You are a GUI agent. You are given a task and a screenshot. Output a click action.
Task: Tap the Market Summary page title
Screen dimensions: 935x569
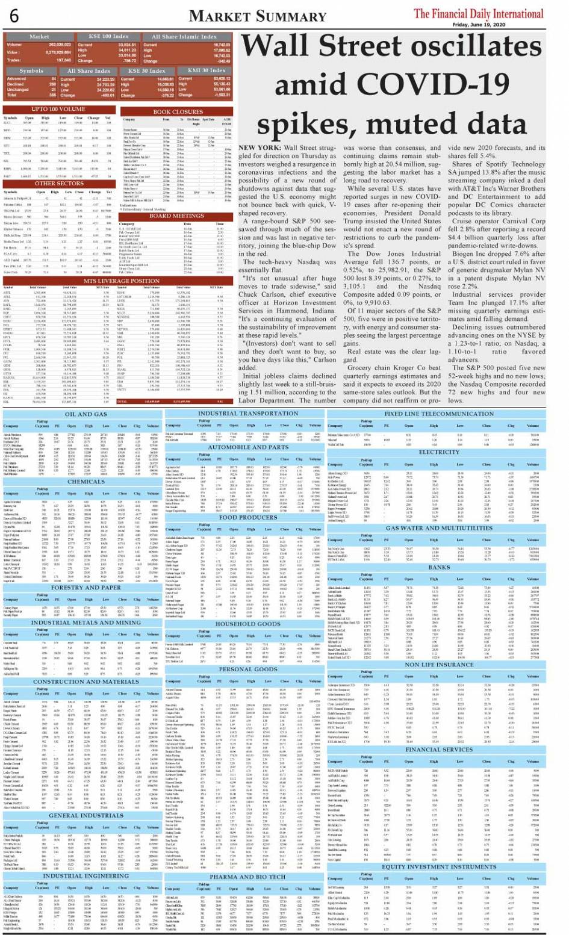click(257, 16)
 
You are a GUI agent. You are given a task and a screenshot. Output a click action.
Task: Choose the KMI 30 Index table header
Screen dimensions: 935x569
click(207, 70)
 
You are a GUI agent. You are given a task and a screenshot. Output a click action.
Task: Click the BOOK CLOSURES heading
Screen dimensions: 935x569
click(178, 112)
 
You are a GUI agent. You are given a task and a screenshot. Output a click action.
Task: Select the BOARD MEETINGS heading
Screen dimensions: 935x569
click(177, 216)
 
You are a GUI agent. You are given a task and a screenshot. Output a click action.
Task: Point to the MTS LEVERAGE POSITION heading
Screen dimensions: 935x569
click(121, 281)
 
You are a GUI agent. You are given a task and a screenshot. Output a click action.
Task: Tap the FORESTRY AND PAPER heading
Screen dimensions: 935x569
click(86, 588)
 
